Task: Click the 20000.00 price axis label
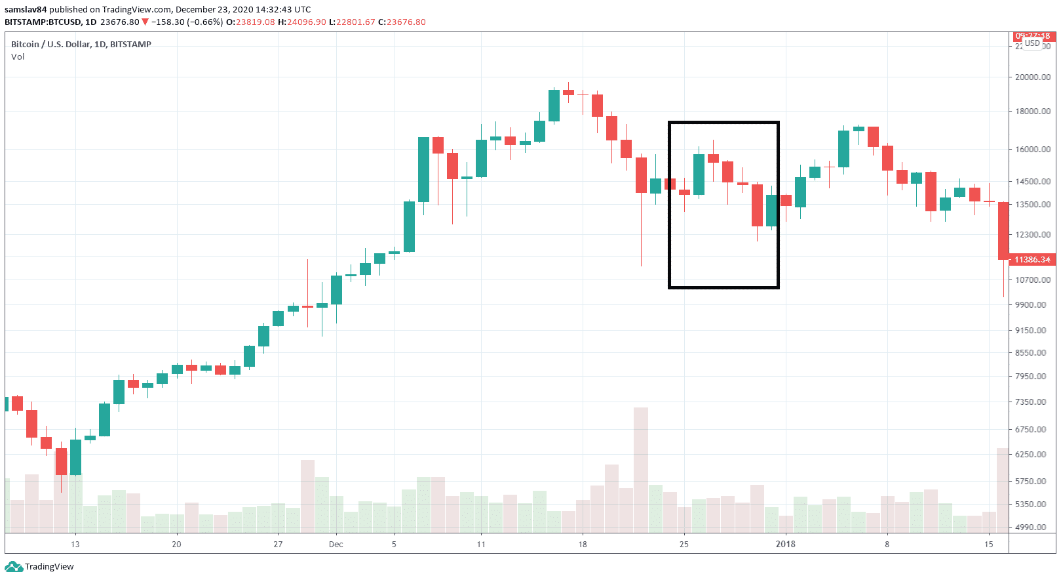click(x=1032, y=77)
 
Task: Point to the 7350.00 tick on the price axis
click(x=1032, y=402)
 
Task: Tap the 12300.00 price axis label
click(x=1032, y=234)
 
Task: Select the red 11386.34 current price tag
click(x=1032, y=260)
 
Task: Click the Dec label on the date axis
click(x=336, y=544)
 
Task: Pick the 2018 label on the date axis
click(x=785, y=544)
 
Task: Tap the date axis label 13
click(x=75, y=544)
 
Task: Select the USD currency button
click(x=1032, y=43)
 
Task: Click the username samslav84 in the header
click(x=26, y=9)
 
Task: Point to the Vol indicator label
click(x=18, y=57)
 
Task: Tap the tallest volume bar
click(x=640, y=469)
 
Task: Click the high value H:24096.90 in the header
click(x=302, y=22)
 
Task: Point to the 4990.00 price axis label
click(x=1032, y=527)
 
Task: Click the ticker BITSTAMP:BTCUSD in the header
click(x=43, y=22)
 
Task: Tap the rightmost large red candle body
click(x=1003, y=230)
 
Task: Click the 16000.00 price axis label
click(x=1032, y=149)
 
